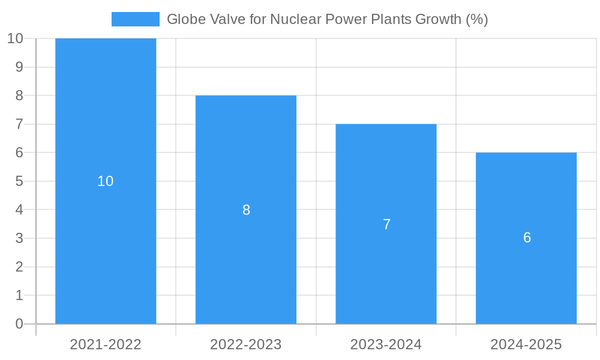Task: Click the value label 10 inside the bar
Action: click(x=106, y=181)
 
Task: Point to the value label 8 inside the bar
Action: click(x=246, y=210)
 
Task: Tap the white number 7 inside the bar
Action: click(x=386, y=224)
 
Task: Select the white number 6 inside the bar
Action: click(x=527, y=238)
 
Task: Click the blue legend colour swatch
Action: click(x=136, y=19)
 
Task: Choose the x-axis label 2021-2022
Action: click(x=106, y=344)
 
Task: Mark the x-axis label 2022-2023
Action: click(x=246, y=344)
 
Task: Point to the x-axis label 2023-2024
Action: click(x=386, y=344)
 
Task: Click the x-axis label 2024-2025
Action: click(x=526, y=344)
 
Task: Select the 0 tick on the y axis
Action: click(x=19, y=324)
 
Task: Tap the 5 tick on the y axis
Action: click(x=19, y=181)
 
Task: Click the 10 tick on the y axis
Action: click(x=15, y=38)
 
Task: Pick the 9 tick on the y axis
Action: click(x=19, y=67)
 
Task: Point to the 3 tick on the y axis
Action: click(x=19, y=238)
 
